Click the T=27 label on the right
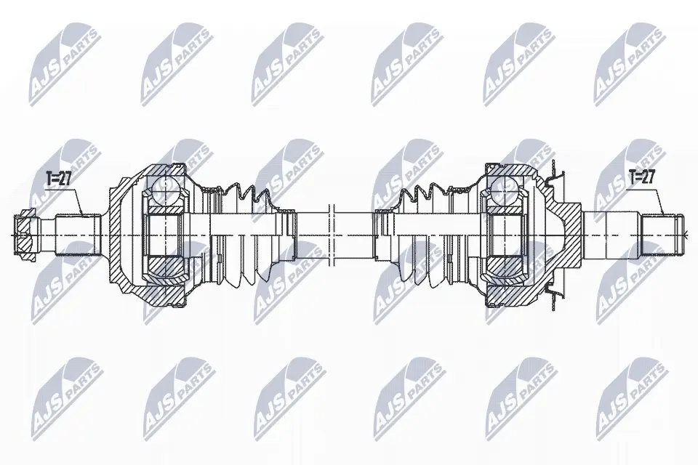(641, 177)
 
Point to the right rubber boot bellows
(423, 235)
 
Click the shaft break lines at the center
(332, 235)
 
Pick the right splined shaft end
(662, 235)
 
